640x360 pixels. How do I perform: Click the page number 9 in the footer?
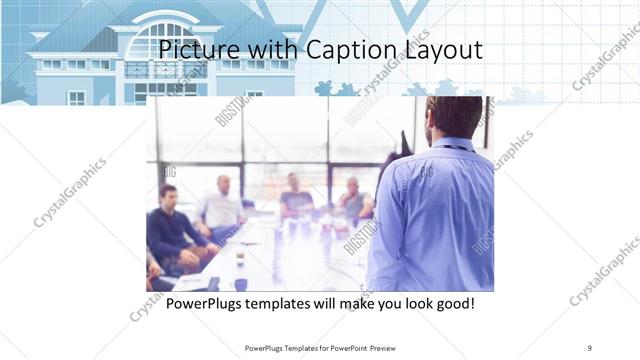[x=590, y=347]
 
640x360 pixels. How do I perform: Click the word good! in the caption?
[x=452, y=301]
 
